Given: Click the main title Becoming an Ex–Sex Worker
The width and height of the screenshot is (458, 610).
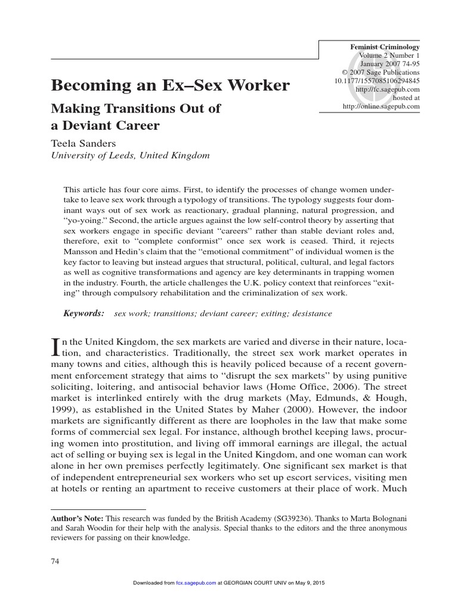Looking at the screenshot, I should point(170,85).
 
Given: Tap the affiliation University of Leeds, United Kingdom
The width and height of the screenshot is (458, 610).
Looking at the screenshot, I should point(130,155).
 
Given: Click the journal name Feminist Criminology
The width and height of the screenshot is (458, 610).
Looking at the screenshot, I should point(385,47).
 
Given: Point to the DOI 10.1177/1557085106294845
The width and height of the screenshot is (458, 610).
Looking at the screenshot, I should point(377,81).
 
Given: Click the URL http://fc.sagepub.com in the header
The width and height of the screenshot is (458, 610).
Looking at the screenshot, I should point(388,89).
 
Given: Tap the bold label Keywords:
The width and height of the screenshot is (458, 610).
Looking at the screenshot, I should point(84,313).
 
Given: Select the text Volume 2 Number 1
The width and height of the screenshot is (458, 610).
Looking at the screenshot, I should point(389,55).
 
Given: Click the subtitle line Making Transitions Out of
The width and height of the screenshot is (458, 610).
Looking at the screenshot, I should point(135,109).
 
